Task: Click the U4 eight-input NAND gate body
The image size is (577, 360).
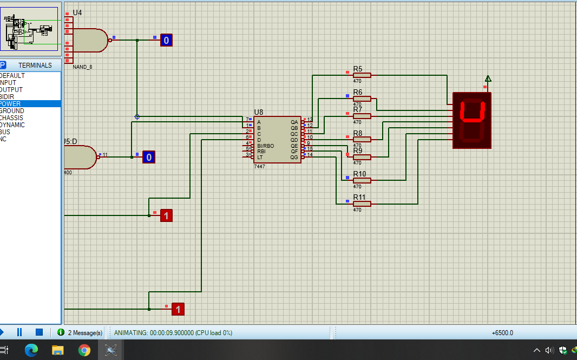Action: pos(89,40)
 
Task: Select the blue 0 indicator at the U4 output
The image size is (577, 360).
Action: pos(166,40)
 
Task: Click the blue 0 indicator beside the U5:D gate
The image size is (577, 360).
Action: pos(149,157)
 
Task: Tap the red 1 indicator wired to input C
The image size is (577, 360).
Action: pos(166,215)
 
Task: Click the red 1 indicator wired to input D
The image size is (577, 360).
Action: pos(178,309)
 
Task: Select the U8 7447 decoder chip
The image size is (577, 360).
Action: pos(277,139)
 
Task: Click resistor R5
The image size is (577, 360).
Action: pos(362,75)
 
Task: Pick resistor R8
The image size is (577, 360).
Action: pos(362,139)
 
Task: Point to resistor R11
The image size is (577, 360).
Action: pos(362,204)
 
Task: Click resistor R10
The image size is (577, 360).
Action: pos(362,180)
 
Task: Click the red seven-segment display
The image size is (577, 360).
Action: pos(471,120)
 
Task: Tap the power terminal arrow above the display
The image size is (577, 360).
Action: pos(488,79)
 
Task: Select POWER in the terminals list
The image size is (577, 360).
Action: pos(11,104)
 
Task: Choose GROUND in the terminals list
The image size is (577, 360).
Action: pos(12,111)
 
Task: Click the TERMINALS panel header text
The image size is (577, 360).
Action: pos(35,66)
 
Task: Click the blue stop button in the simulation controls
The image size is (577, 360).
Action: pos(39,332)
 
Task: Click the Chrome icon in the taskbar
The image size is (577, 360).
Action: pos(84,350)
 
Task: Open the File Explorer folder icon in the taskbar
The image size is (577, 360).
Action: pos(58,350)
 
